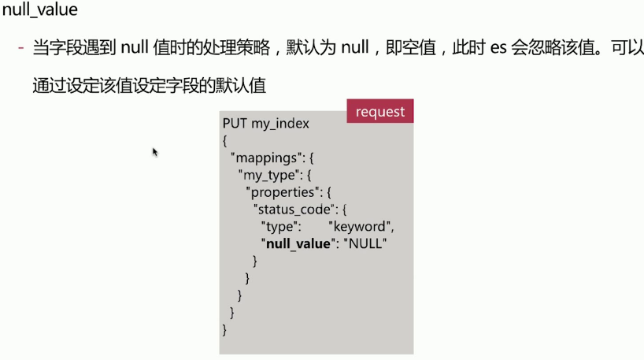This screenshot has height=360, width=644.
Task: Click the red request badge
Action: click(x=379, y=111)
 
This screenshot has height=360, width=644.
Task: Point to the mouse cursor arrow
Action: click(x=155, y=151)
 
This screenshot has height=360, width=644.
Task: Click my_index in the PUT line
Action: click(x=280, y=124)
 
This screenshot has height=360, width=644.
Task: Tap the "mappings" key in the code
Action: click(x=264, y=158)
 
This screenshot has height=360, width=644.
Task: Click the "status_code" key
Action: click(x=296, y=210)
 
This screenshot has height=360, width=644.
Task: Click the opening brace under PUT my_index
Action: click(x=225, y=141)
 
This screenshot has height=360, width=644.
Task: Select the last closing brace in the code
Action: click(x=225, y=329)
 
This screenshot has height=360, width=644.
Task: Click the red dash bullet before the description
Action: click(x=21, y=49)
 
